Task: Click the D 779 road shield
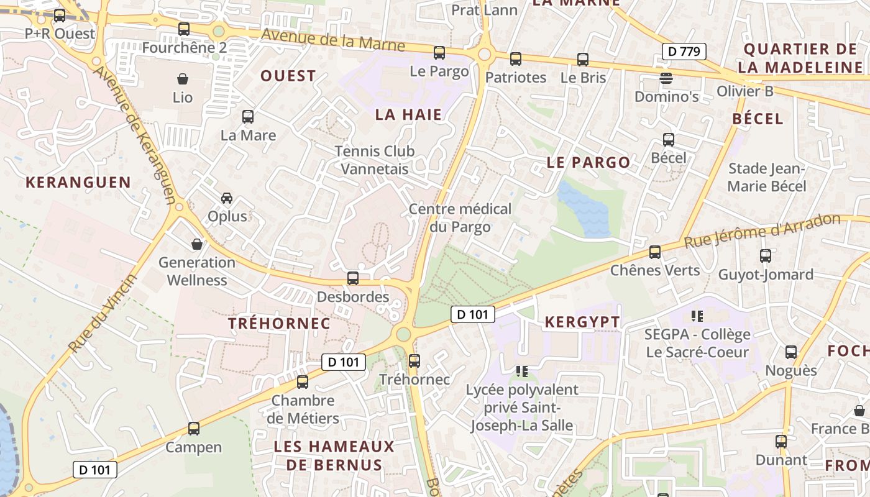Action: coord(684,52)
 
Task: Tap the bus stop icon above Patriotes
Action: coord(516,59)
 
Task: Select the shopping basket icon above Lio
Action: coord(183,79)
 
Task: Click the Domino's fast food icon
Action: coord(666,78)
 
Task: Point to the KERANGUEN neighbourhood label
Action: coord(78,183)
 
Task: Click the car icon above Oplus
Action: coord(227,198)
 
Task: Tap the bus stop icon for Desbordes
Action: coord(353,278)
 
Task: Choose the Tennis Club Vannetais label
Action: coord(375,160)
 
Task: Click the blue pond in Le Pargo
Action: coord(583,210)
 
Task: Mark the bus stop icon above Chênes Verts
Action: coord(655,252)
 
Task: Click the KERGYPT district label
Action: coord(582,322)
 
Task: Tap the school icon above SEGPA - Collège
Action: coord(697,316)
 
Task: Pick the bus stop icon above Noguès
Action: coord(791,352)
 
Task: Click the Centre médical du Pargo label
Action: coord(460,218)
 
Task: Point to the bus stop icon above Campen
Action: coord(194,429)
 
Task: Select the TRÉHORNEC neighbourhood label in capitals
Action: coord(279,324)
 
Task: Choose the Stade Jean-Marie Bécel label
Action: coord(766,178)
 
